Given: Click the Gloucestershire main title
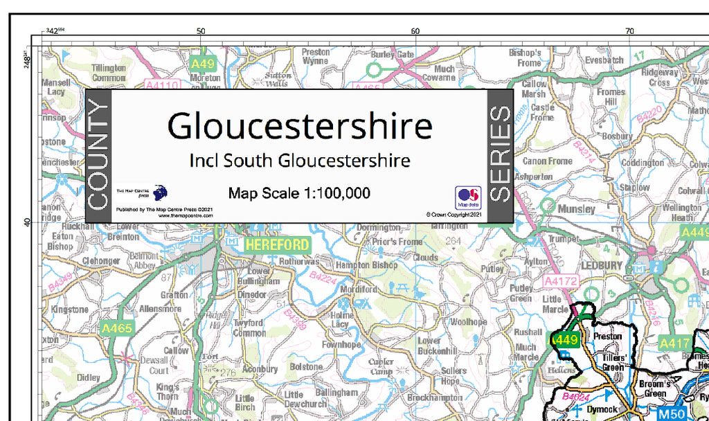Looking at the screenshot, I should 300,125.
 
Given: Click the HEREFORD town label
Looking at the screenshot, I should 277,245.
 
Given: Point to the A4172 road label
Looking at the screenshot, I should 560,282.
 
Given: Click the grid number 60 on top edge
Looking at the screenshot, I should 415,30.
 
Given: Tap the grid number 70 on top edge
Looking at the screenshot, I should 629,30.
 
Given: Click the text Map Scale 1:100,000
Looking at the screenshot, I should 299,193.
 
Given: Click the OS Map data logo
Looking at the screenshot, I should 468,197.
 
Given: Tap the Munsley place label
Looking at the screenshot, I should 576,208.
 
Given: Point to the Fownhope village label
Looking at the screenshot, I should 341,344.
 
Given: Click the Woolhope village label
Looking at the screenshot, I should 469,322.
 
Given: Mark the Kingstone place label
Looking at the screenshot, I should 69,310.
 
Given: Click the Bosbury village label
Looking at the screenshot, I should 617,137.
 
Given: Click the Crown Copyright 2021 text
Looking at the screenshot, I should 454,215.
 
